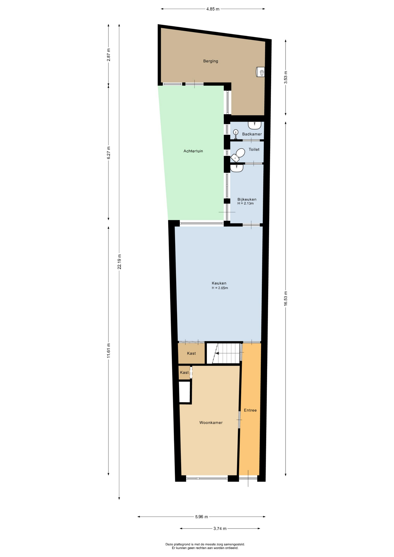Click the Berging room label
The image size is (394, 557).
211,61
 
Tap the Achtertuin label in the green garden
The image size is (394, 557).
193,151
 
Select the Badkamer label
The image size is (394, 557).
252,134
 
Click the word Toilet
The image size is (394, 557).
254,149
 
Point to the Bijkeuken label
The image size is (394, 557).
247,199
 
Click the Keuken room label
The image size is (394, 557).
219,283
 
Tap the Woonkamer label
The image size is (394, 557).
211,423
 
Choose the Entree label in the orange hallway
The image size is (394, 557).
250,410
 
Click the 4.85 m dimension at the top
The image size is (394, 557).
213,9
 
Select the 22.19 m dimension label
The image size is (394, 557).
119,262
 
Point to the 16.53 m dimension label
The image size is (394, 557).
285,298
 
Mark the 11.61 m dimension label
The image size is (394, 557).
109,350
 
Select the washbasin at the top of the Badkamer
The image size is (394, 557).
254,125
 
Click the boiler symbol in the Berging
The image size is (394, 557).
260,72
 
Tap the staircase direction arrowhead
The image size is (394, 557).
217,353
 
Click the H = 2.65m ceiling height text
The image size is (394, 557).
220,288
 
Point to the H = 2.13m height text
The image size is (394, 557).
245,203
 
